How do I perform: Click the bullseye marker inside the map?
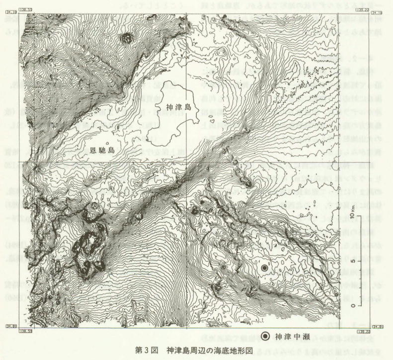(265, 268)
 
